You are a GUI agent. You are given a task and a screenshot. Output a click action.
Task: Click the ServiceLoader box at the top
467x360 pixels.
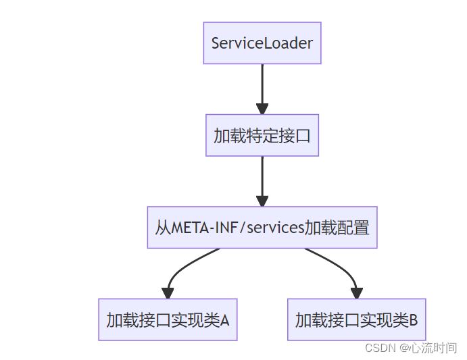coord(262,43)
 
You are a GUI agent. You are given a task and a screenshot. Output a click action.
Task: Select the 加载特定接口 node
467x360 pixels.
coord(262,135)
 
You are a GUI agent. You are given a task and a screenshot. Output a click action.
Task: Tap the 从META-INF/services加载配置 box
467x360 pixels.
coord(262,228)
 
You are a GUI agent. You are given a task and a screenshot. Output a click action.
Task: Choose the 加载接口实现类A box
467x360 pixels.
coord(168,318)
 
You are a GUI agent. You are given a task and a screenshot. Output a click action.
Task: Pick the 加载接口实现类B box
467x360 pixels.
coord(356,318)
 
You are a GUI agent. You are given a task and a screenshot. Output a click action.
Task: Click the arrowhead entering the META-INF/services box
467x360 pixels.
coord(262,201)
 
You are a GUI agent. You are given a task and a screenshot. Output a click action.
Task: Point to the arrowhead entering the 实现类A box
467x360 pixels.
coord(168,292)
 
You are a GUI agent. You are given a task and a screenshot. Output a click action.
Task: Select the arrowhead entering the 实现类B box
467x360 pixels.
coord(356,292)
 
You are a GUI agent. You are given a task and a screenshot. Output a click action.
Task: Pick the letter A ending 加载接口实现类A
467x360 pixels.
coord(225,319)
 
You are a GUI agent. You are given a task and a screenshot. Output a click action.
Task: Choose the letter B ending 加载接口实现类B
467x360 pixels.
coord(413,319)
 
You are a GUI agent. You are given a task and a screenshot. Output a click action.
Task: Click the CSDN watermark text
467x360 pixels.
coord(380,348)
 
